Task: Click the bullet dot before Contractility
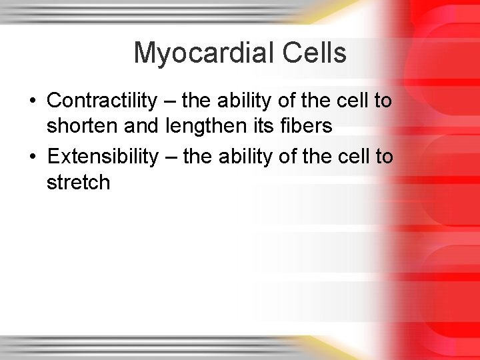(x=33, y=101)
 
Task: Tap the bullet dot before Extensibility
(x=33, y=157)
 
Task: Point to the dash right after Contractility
(x=169, y=101)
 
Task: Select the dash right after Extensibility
(x=170, y=157)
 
